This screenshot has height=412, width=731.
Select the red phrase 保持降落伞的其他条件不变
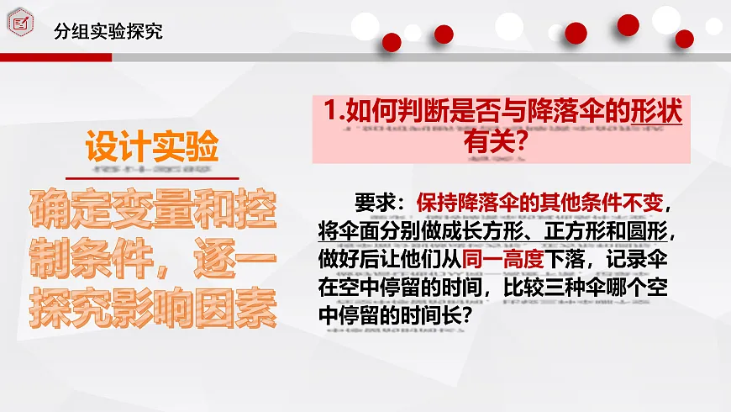(x=539, y=203)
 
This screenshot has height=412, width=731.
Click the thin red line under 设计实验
(x=153, y=177)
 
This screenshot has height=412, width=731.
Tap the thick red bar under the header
(x=55, y=57)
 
